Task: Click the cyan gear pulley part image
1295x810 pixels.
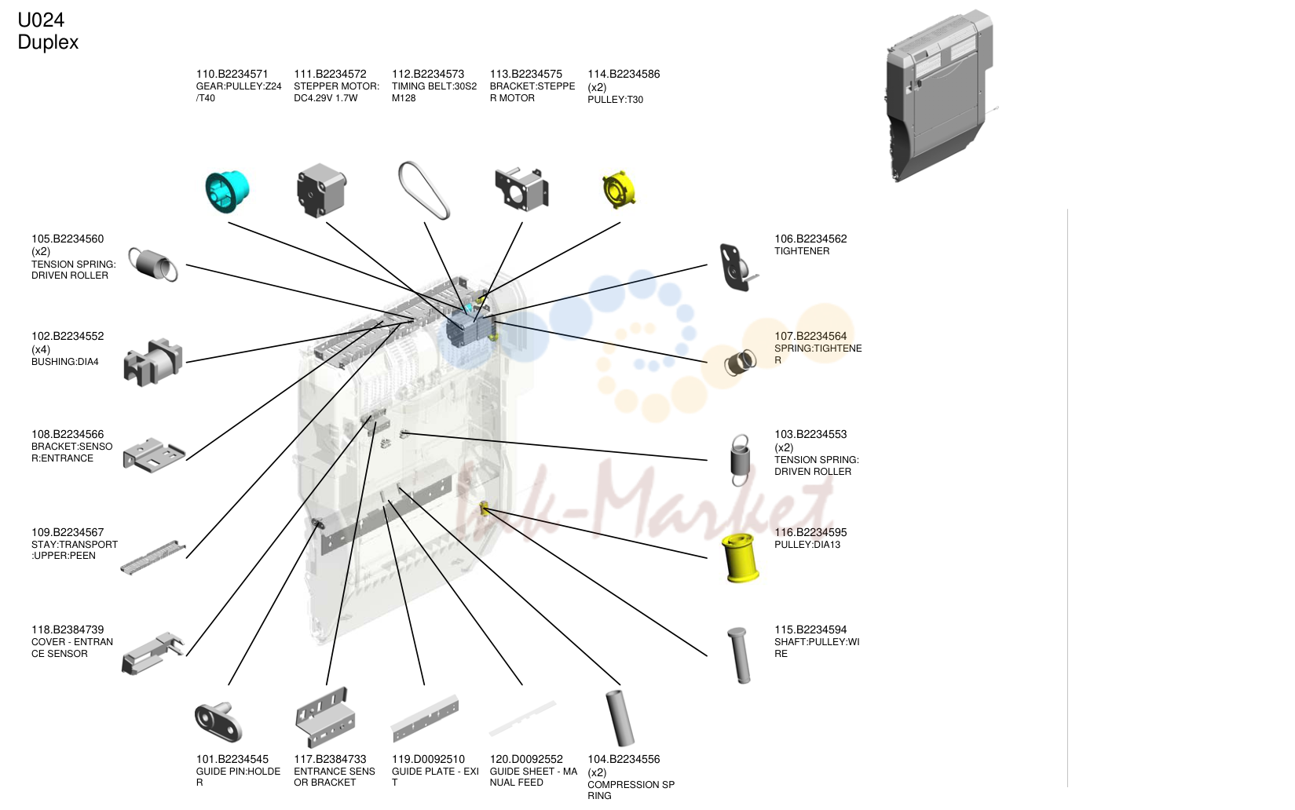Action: [227, 192]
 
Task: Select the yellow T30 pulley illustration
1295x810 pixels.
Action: [619, 189]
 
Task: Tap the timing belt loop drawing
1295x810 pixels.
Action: [424, 190]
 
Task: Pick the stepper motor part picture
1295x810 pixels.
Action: [321, 191]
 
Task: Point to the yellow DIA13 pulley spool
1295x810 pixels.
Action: [740, 557]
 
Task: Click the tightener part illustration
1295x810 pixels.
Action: [737, 267]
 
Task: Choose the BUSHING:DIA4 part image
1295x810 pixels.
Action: [152, 363]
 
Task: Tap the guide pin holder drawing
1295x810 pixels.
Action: [218, 721]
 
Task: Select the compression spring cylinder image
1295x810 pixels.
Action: [620, 718]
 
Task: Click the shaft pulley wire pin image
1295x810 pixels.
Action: [739, 655]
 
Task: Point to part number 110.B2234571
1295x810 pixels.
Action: [232, 74]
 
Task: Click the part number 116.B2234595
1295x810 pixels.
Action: [810, 532]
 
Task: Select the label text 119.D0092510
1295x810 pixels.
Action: [428, 759]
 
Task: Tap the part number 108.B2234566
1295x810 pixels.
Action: [68, 434]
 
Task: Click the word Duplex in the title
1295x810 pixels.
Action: [48, 42]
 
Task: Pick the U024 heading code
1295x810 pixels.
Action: [41, 20]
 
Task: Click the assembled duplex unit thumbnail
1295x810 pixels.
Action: [940, 96]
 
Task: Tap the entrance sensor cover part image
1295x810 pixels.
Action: [152, 654]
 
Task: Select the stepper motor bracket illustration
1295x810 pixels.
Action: [521, 189]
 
